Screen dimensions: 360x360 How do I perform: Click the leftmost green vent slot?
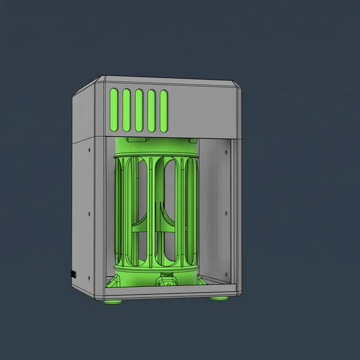tap(113, 109)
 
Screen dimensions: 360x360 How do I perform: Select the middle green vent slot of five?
tap(138, 109)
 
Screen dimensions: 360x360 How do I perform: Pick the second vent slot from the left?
tap(126, 109)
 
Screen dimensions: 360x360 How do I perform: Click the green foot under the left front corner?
tap(112, 300)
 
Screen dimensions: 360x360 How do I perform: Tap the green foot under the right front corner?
tap(218, 298)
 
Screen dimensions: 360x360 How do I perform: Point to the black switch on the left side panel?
tap(73, 274)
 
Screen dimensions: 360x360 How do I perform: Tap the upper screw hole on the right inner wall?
tap(226, 153)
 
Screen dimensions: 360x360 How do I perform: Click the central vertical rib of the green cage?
tap(151, 213)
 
